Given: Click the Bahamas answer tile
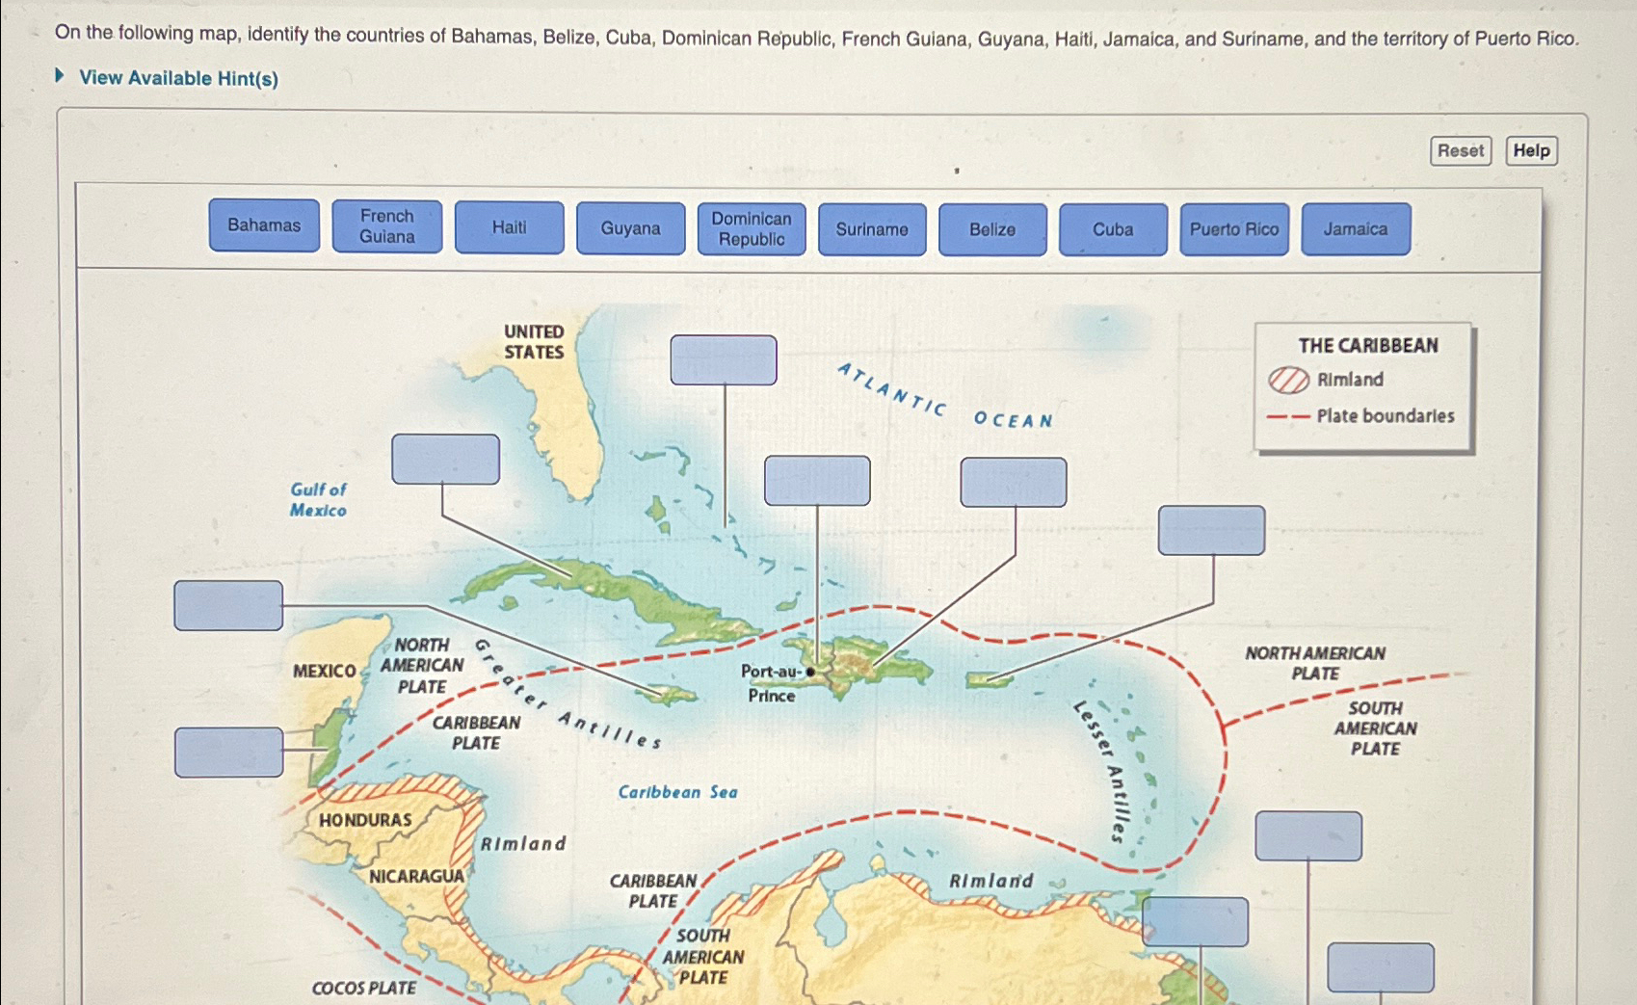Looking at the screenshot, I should (264, 225).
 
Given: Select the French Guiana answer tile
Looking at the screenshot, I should (386, 226).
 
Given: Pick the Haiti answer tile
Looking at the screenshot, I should (509, 227).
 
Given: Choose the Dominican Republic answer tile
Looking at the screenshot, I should (752, 229).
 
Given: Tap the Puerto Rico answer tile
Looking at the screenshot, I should (1233, 229).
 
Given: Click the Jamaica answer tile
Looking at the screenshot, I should (1355, 229).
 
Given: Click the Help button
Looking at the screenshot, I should (1531, 150).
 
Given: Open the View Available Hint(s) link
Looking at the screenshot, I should (178, 78).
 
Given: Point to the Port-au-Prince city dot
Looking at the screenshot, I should (810, 672).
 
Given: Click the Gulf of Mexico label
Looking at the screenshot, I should (318, 500).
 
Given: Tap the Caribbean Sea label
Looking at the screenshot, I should (677, 792).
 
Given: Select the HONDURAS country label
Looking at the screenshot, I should (365, 820).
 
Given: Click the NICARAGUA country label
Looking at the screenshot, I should (416, 876).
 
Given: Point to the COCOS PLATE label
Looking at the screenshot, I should (364, 988).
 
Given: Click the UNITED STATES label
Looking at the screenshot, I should (534, 342).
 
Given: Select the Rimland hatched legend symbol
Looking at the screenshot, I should (1288, 380).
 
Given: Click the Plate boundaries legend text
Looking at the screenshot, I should (1385, 416).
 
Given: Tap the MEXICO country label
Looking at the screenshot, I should (325, 671).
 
